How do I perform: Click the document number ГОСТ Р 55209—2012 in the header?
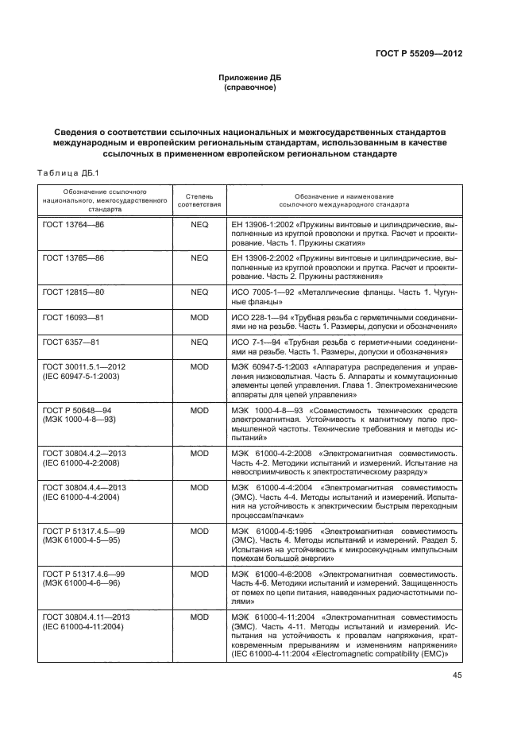pyautogui.click(x=419, y=54)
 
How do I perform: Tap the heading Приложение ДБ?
pyautogui.click(x=250, y=78)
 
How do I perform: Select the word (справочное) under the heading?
pyautogui.click(x=250, y=87)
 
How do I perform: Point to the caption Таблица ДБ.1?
pyautogui.click(x=67, y=173)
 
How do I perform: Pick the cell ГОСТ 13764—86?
pyautogui.click(x=73, y=225)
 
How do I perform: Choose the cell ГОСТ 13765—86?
pyautogui.click(x=73, y=259)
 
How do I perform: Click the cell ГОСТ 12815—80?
pyautogui.click(x=73, y=292)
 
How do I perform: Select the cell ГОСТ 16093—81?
pyautogui.click(x=73, y=317)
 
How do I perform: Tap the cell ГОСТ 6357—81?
pyautogui.click(x=71, y=341)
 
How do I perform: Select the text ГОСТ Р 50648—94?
pyautogui.click(x=78, y=408)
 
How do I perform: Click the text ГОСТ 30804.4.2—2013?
pyautogui.click(x=84, y=452)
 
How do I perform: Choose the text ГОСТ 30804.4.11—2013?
pyautogui.click(x=87, y=616)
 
